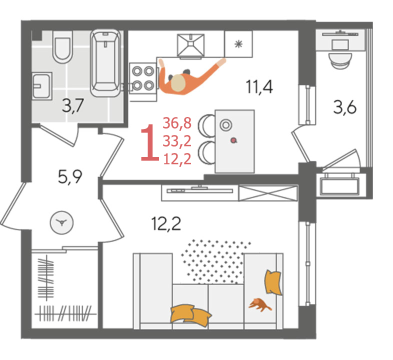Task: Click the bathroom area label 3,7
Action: click(72, 106)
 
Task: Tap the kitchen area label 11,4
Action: click(259, 86)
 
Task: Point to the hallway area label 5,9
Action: click(70, 176)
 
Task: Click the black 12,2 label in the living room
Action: click(166, 223)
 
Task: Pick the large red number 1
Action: click(150, 142)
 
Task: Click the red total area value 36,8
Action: click(177, 123)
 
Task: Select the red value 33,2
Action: click(177, 141)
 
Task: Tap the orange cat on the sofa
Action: click(259, 304)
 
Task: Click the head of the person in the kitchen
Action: click(178, 82)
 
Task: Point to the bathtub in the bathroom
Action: click(105, 63)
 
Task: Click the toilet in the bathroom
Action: click(62, 47)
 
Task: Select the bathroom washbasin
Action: click(41, 85)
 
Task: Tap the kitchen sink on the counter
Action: click(190, 45)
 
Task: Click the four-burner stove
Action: click(143, 78)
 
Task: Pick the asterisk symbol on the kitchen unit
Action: click(238, 44)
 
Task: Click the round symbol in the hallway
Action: click(61, 222)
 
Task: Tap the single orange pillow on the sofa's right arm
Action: click(273, 282)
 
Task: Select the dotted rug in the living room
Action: click(215, 261)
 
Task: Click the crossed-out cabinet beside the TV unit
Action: click(268, 193)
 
